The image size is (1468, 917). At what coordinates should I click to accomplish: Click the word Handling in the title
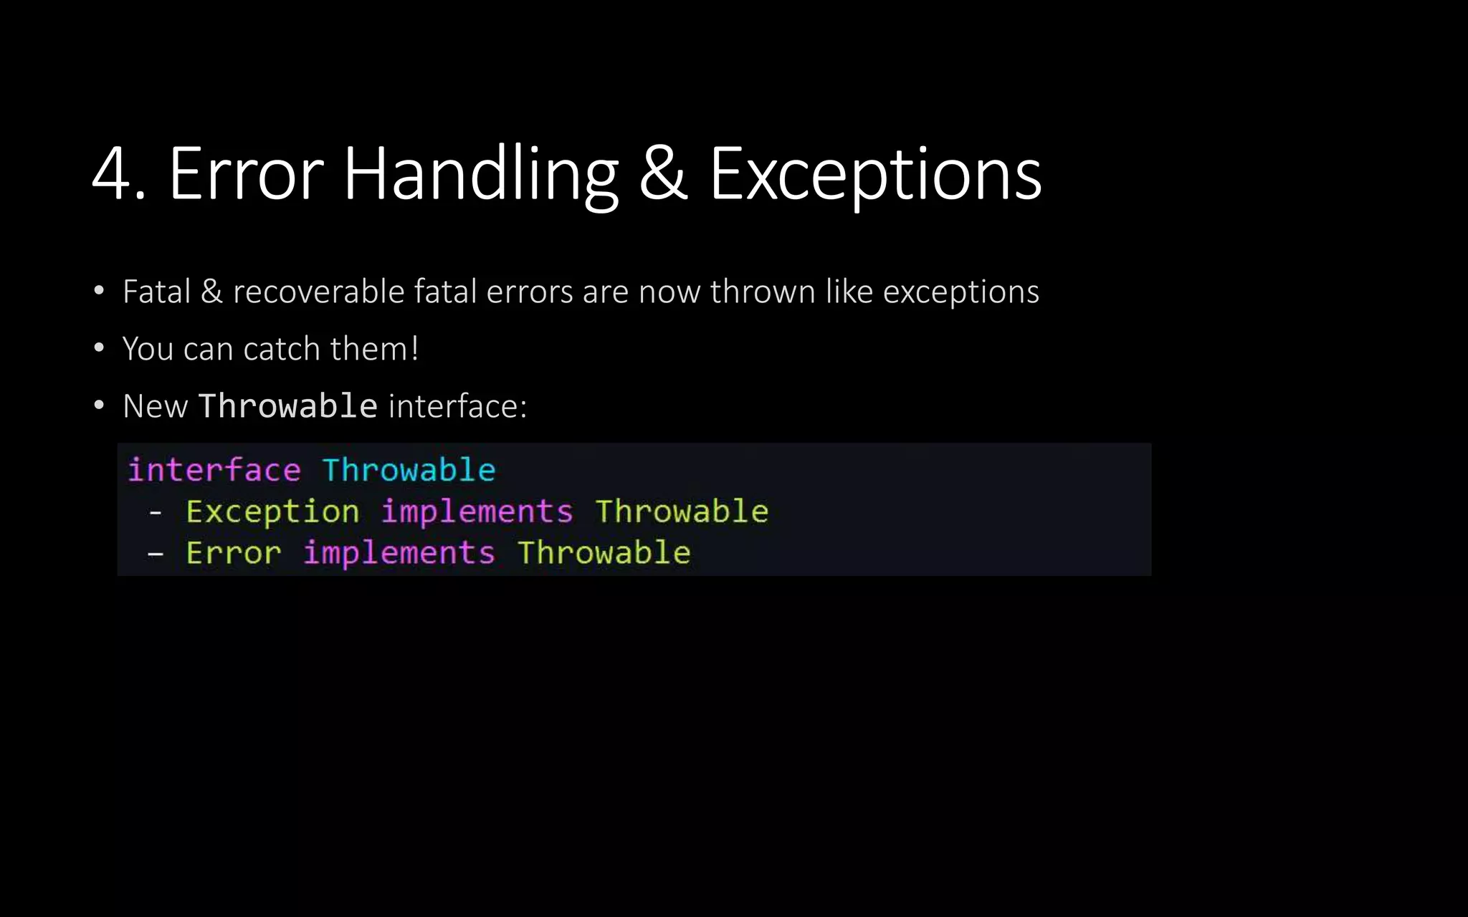point(480,173)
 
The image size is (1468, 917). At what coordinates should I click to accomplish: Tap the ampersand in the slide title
point(663,173)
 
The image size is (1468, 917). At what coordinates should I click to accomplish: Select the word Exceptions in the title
point(875,173)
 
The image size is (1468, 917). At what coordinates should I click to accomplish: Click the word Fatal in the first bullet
point(156,292)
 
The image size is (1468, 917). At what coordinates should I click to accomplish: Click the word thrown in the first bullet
point(763,292)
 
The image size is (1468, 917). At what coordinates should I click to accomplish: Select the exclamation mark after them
point(414,349)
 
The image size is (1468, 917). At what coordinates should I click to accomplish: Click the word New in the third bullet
point(155,406)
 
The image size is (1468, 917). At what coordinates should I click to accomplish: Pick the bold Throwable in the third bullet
point(288,406)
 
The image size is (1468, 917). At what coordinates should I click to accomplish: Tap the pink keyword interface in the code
point(214,470)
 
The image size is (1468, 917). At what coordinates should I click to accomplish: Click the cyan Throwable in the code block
point(409,470)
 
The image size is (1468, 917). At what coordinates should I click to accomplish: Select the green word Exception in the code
point(272,512)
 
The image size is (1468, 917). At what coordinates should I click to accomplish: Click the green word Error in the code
point(234,553)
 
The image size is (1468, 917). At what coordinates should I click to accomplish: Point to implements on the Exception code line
point(477,512)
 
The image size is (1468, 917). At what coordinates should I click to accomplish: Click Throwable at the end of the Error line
point(604,553)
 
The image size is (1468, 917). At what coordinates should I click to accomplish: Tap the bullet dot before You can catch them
point(99,349)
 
